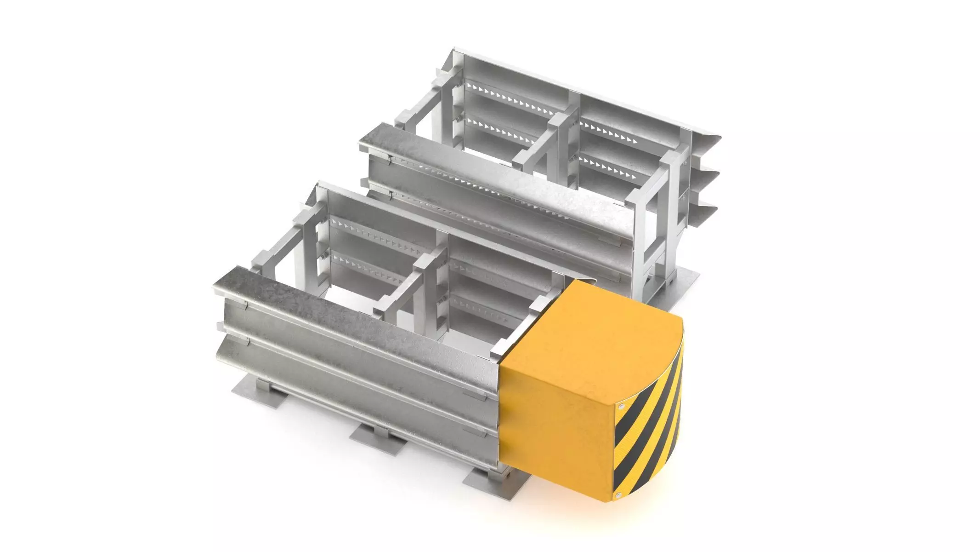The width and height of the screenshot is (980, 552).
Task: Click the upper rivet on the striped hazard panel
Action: coord(621,407)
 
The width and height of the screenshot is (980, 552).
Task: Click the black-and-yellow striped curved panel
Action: coord(650,423)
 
